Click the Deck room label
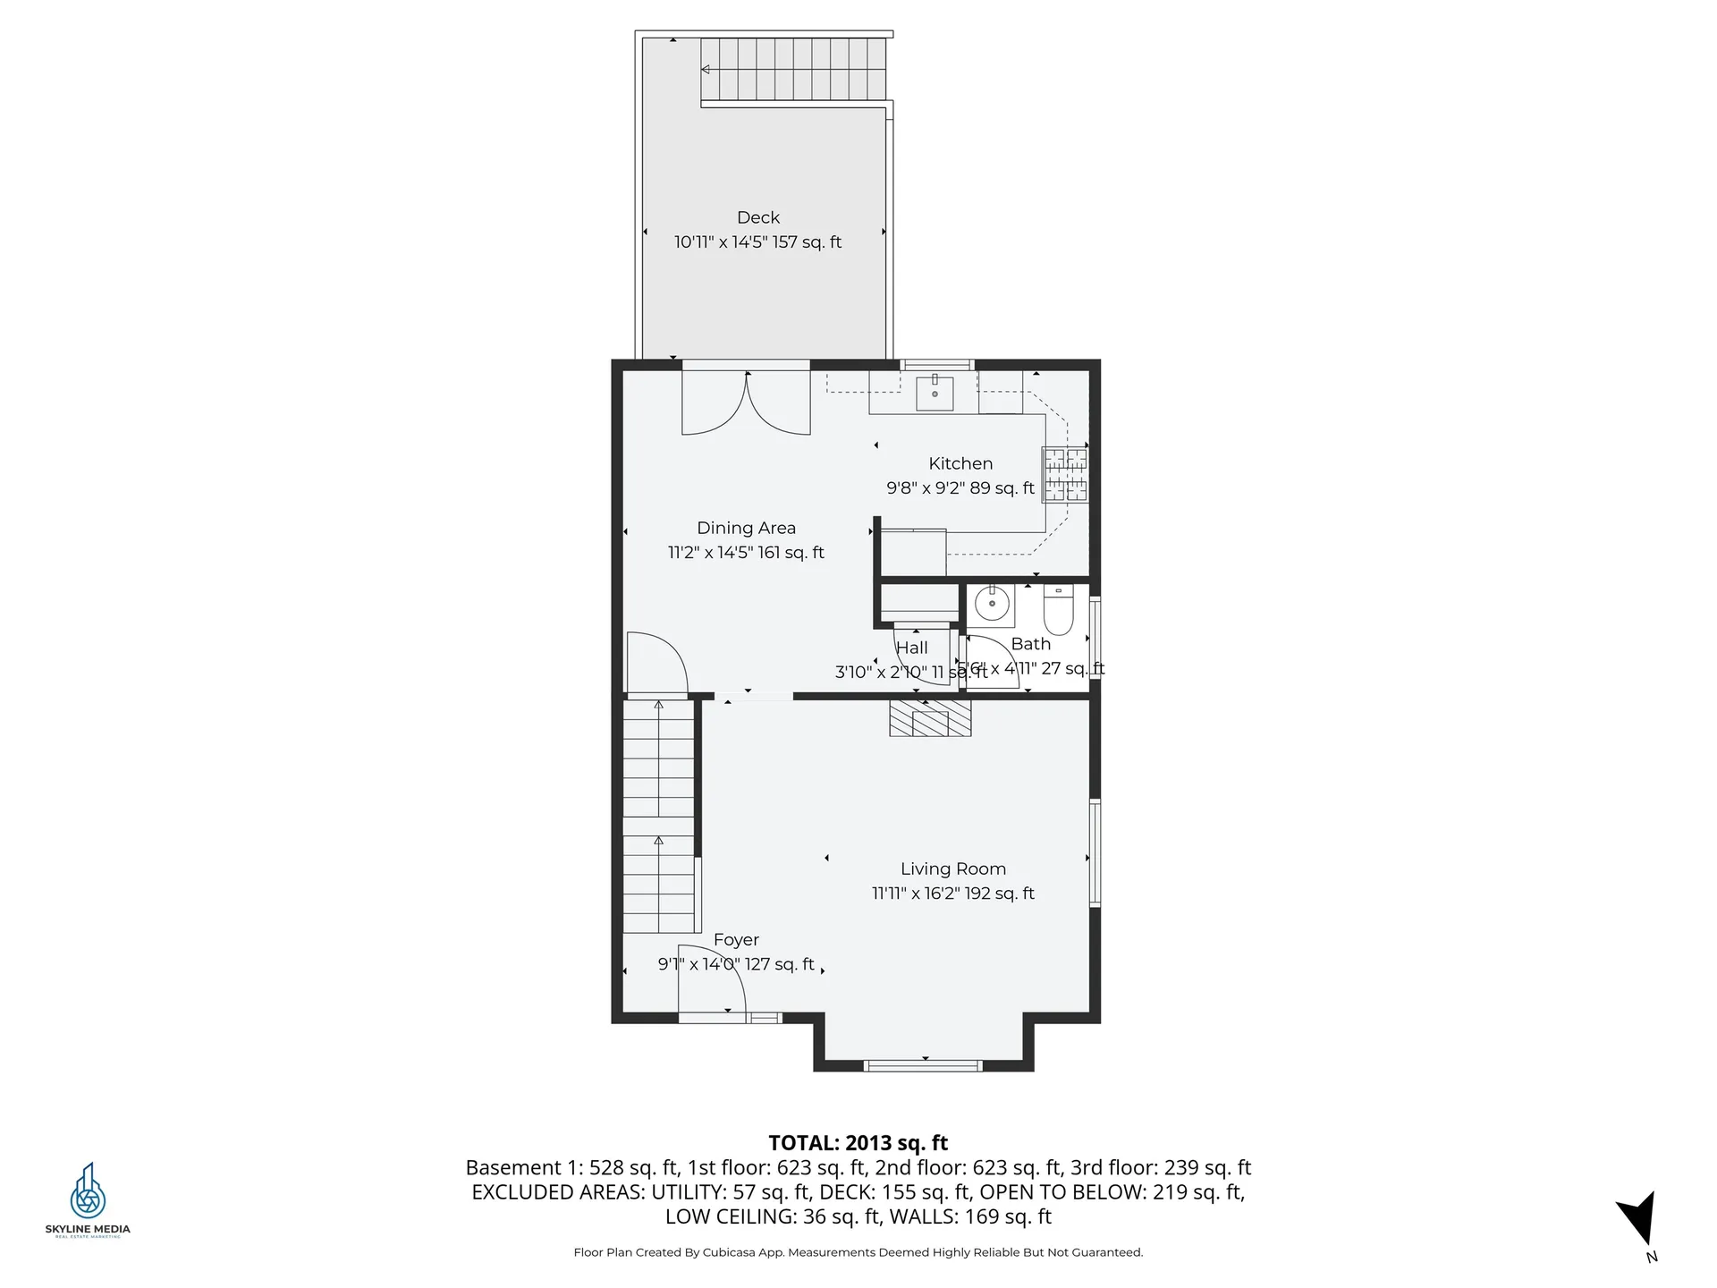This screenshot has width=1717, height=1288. (758, 217)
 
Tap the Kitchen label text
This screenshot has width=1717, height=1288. (960, 463)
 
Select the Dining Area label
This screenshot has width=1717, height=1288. (746, 528)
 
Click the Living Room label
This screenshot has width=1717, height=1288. (952, 869)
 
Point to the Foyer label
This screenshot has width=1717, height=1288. (736, 939)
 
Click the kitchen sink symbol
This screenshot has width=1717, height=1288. (935, 393)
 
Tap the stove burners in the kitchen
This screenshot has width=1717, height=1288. (1066, 475)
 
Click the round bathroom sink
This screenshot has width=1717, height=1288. (992, 605)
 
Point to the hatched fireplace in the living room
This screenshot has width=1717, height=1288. (930, 718)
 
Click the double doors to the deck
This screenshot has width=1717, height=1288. (746, 402)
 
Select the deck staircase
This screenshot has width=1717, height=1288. (792, 69)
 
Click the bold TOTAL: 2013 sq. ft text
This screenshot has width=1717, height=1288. (858, 1142)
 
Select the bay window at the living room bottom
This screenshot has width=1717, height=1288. (923, 1064)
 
